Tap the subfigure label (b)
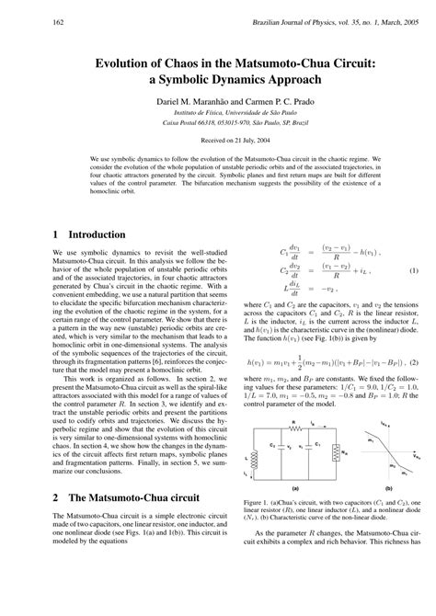click(x=389, y=488)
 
